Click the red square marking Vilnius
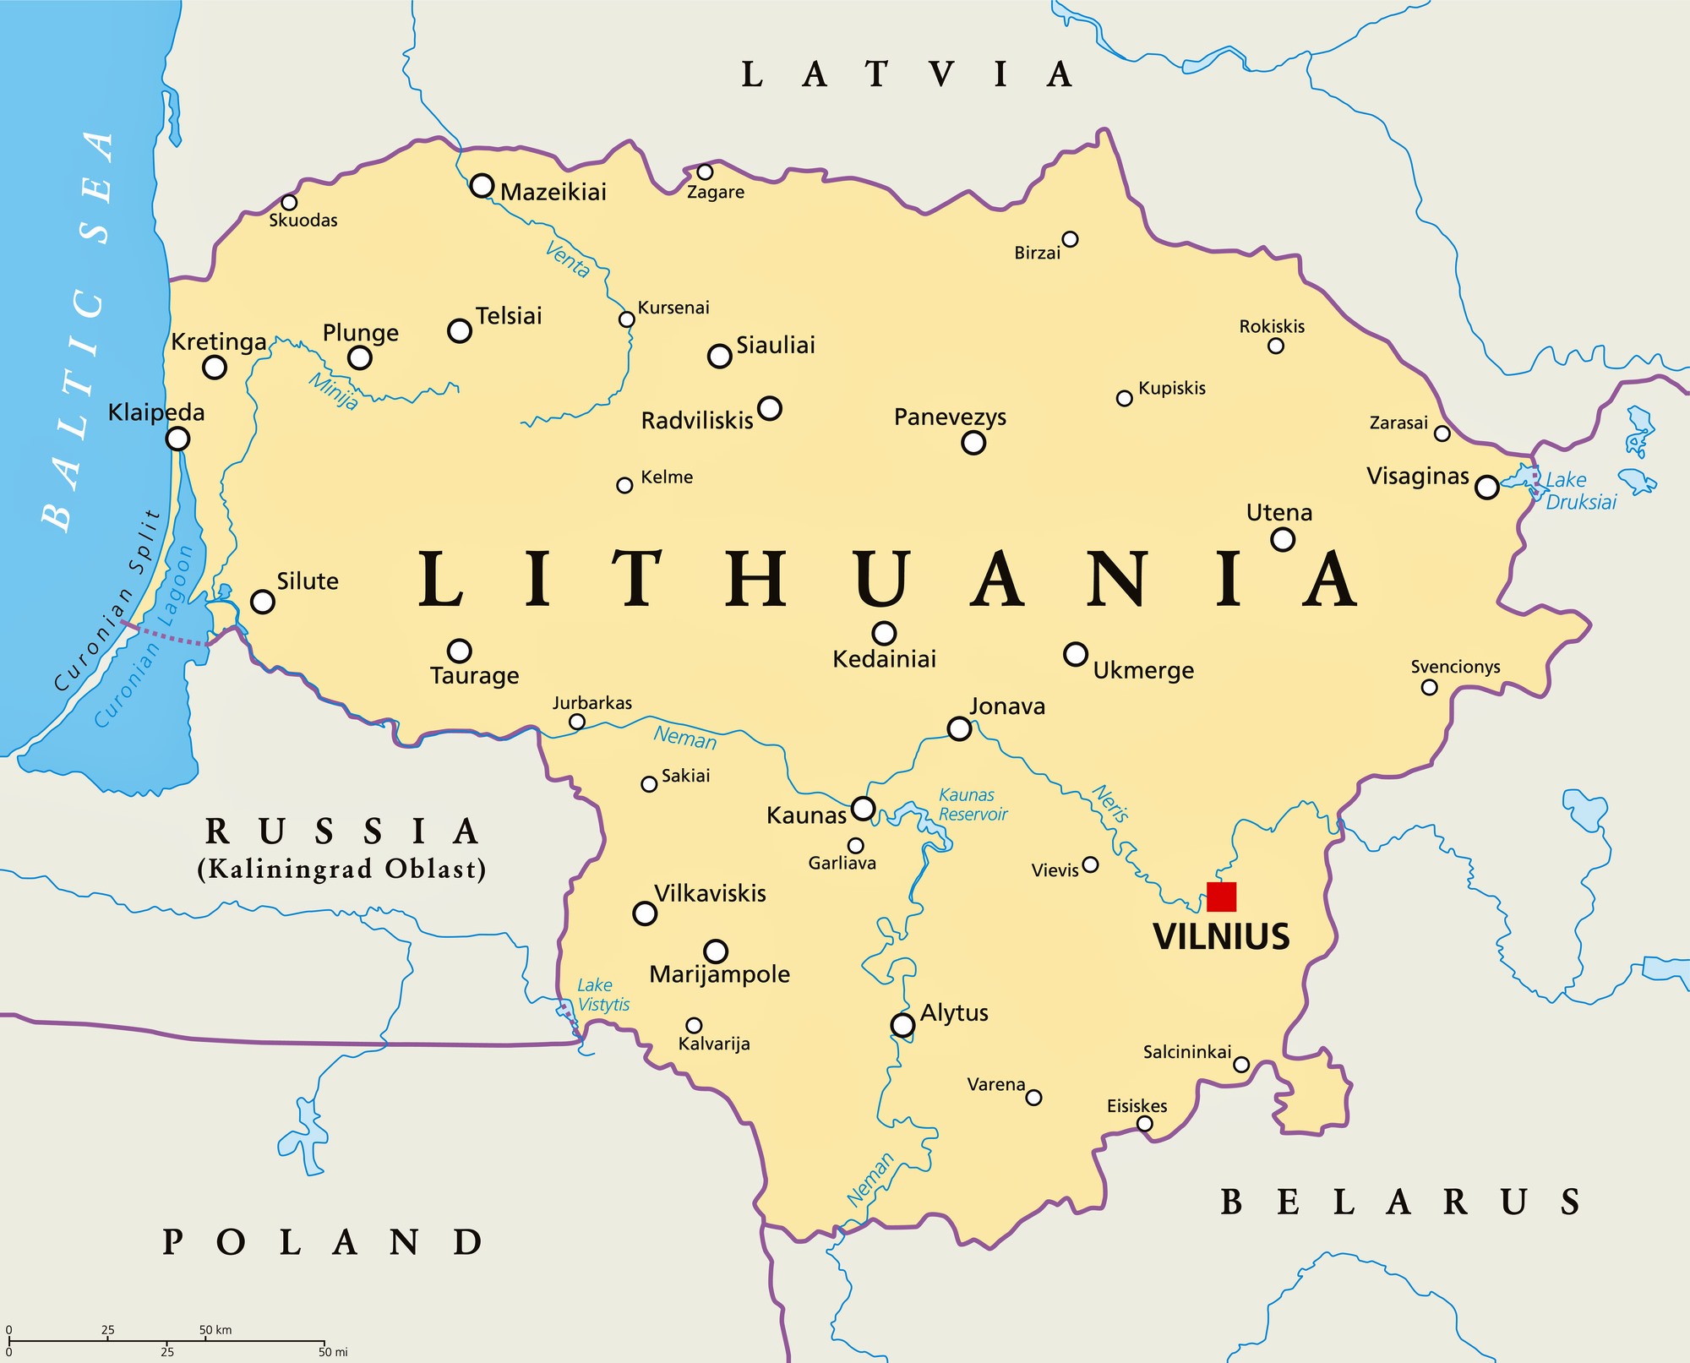point(1221,897)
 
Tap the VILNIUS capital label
point(1221,937)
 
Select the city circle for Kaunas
point(863,808)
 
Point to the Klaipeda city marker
point(177,439)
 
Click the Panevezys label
point(950,417)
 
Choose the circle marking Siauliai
point(719,356)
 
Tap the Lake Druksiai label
point(1580,491)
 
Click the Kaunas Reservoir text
point(973,804)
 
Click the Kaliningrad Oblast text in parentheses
point(341,869)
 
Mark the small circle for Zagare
point(705,172)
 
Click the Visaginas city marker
point(1486,487)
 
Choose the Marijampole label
point(719,974)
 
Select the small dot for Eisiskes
point(1144,1124)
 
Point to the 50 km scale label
point(215,1329)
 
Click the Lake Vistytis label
point(603,995)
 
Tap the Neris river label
point(1110,803)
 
